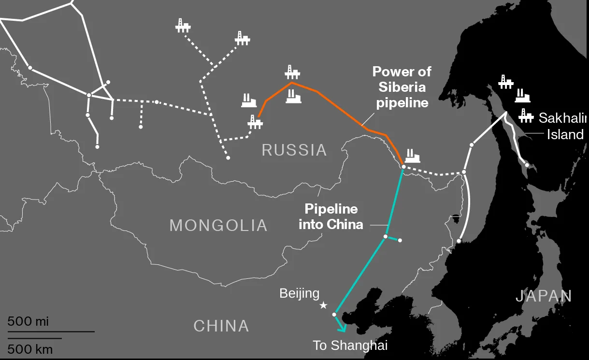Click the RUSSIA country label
tap(294, 150)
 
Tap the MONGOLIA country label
tap(218, 225)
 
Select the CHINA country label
tap(221, 326)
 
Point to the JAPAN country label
tap(544, 296)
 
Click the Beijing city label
tap(300, 293)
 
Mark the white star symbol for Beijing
tap(324, 305)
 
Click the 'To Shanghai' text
tap(350, 346)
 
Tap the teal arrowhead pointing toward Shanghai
tap(343, 329)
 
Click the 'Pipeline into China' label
tap(331, 216)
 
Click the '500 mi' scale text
tap(28, 321)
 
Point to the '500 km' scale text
tap(30, 349)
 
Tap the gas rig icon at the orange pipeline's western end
tap(255, 122)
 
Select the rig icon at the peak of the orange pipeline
tap(292, 72)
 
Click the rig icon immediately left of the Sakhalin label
tap(525, 116)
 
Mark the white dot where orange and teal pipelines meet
tap(403, 167)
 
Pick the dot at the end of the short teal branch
tap(400, 240)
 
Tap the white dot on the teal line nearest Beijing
tap(334, 315)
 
